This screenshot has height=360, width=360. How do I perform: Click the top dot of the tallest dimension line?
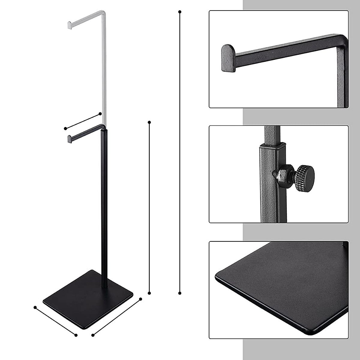pos(180,12)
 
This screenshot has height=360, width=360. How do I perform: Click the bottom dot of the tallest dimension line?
pos(180,293)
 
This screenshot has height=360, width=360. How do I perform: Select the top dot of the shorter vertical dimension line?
pos(149,122)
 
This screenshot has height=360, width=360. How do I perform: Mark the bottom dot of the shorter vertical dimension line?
pos(149,293)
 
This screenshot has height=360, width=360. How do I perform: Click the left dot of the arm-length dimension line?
pos(66,128)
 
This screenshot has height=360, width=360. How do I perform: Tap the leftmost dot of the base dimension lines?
pos(35,307)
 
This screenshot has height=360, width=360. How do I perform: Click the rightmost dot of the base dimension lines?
pos(140,299)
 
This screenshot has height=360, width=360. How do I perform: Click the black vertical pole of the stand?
pos(103,210)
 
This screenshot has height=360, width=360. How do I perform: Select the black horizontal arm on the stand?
pos(87,132)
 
